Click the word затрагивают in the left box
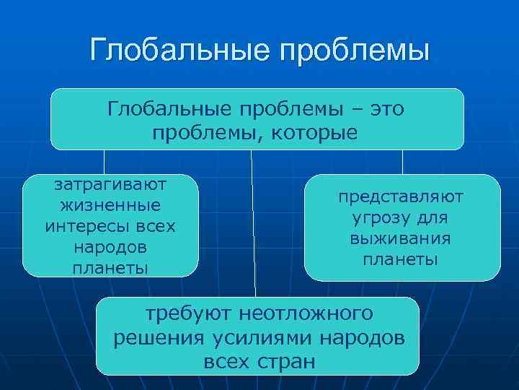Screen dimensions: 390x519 tap(110, 184)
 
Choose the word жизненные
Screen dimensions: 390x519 tap(110, 205)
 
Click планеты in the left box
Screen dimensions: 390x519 tap(110, 268)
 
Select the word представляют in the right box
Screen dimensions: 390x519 tap(402, 196)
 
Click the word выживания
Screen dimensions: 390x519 tap(402, 238)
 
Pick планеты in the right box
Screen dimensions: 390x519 tap(402, 259)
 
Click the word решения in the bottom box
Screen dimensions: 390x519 tap(156, 337)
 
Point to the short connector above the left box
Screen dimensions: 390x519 tap(104, 162)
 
